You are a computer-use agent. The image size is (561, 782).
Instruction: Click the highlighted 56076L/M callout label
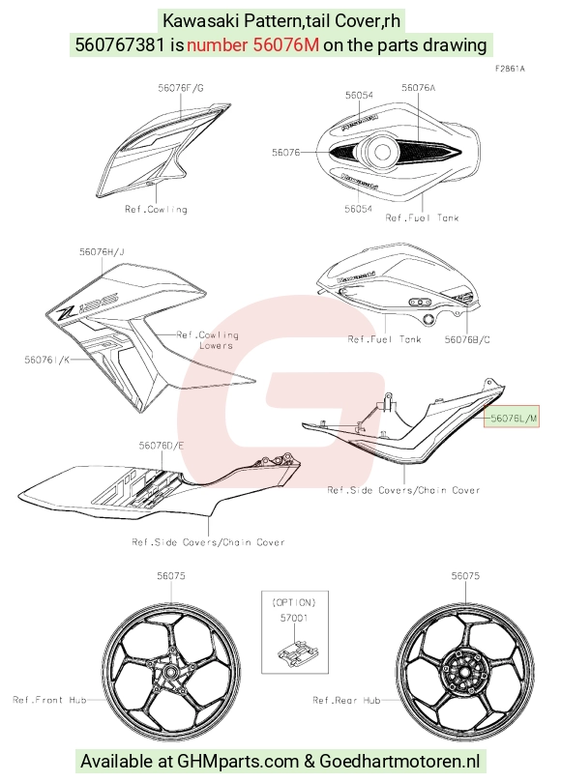point(514,418)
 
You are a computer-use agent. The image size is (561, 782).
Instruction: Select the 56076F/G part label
point(181,88)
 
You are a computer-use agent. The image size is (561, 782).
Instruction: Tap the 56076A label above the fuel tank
point(418,88)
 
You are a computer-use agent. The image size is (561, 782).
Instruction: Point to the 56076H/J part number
point(102,252)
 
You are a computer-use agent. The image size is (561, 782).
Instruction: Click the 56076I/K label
point(47,359)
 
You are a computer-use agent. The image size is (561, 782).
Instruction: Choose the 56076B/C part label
point(467,339)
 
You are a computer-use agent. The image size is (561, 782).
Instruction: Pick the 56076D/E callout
point(162,445)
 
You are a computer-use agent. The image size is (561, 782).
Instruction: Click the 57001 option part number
point(294,618)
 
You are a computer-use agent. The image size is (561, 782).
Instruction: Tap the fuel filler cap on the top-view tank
point(382,152)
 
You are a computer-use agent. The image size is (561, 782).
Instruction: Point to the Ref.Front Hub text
point(49,700)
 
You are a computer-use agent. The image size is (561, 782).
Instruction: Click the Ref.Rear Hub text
point(346,700)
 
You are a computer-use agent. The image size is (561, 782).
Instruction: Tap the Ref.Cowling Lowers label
point(208,339)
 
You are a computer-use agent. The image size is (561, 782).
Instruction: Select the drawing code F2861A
point(510,69)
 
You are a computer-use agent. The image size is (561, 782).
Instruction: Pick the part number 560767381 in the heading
point(120,44)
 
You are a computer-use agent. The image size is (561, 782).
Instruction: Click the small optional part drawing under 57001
point(297,653)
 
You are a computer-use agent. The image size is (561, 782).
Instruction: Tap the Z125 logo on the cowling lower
point(88,304)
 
